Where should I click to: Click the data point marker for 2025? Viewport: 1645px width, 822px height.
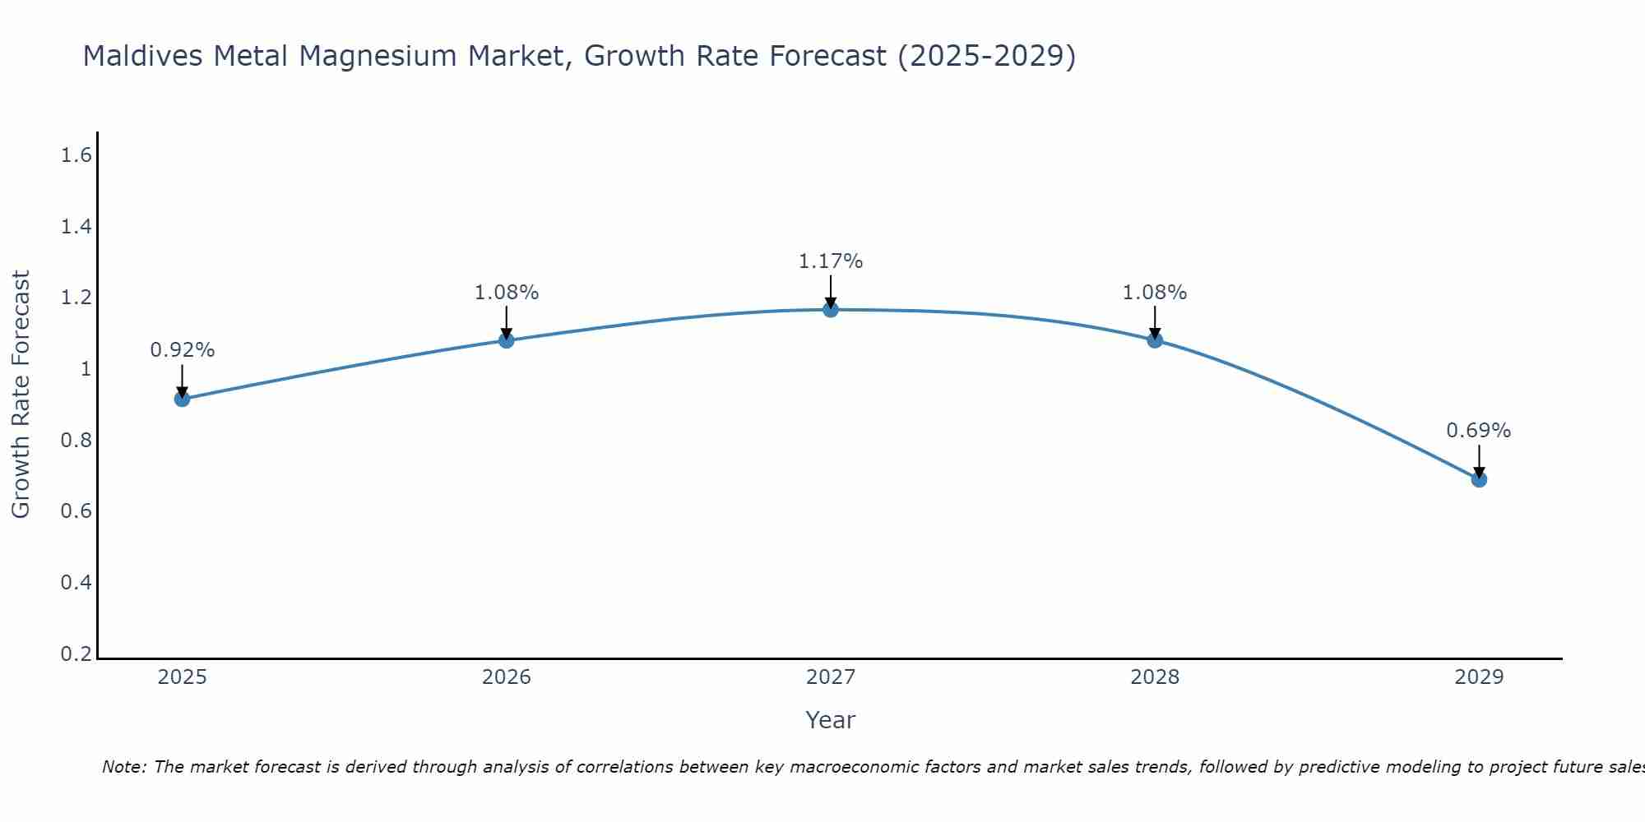pos(182,399)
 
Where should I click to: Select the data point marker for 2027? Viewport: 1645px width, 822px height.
pos(831,310)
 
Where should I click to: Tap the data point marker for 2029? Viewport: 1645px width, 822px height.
pos(1479,479)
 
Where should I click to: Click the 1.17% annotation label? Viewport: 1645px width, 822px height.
pos(831,261)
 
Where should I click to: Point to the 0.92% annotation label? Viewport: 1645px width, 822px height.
pos(182,350)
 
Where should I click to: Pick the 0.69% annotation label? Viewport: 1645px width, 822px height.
pos(1479,431)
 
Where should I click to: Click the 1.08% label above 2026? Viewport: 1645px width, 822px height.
pos(506,293)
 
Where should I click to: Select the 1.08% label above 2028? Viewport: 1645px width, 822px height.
pos(1155,293)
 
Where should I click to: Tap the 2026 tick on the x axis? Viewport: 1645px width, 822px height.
pos(506,677)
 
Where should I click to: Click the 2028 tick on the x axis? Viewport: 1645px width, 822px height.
pos(1155,677)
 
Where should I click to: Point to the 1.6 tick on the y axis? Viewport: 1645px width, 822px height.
pos(76,155)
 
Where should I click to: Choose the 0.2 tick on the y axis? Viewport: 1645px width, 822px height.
pos(76,654)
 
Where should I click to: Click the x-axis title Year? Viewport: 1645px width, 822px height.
pos(831,720)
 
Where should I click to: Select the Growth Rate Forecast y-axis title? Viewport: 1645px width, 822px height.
pos(21,395)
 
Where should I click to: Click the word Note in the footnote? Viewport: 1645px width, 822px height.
pos(123,767)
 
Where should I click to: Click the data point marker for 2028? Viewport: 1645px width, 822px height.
pos(1155,340)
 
